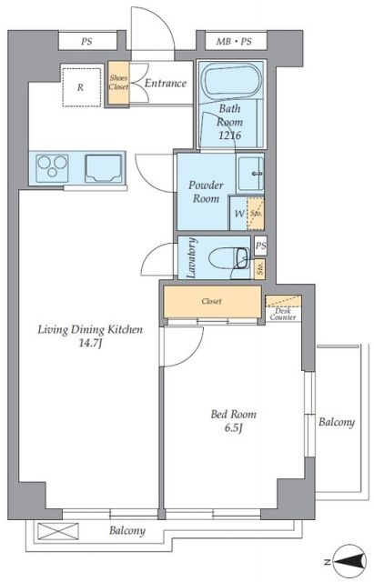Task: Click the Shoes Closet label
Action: coord(118,83)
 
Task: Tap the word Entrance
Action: coord(166,83)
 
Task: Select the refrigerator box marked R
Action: coord(82,87)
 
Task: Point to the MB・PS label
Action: coord(234,42)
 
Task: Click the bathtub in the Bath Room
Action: coord(233,81)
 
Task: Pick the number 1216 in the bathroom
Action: coord(229,135)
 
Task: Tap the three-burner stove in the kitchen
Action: coord(53,168)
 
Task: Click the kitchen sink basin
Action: coord(104,168)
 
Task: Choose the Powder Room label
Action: coord(207,192)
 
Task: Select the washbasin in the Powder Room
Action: coord(250,174)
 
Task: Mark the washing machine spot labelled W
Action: coord(238,214)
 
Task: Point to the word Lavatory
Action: coord(191,257)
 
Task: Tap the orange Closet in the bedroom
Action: coord(212,302)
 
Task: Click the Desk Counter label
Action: coord(283,315)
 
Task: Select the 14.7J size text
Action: coord(90,344)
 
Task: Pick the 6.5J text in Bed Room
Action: coord(233,428)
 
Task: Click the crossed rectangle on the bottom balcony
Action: coord(58,531)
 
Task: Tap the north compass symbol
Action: coord(349,562)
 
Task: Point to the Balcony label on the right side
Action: coord(337,422)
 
